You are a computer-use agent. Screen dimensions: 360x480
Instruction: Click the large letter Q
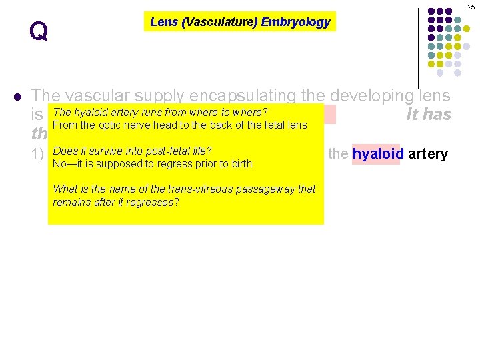point(39,31)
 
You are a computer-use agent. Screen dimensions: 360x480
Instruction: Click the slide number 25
point(471,6)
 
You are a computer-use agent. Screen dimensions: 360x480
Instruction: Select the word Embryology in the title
point(295,22)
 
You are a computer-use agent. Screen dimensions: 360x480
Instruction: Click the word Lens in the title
point(164,22)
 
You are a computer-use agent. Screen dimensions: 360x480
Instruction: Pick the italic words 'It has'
point(429,114)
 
